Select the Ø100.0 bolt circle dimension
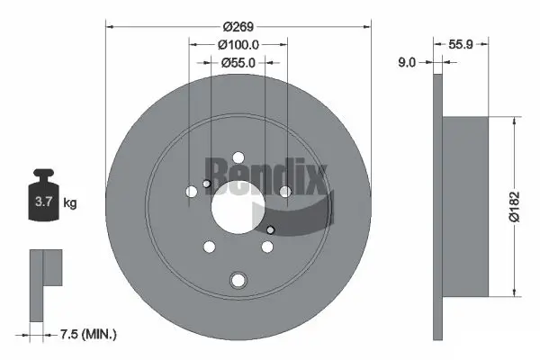[238, 43]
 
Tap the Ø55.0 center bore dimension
[238, 62]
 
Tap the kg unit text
[69, 203]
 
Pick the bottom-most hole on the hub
[238, 280]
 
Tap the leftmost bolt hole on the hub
[190, 192]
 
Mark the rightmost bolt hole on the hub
[284, 191]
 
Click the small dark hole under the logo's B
[207, 184]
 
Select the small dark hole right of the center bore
[271, 230]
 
